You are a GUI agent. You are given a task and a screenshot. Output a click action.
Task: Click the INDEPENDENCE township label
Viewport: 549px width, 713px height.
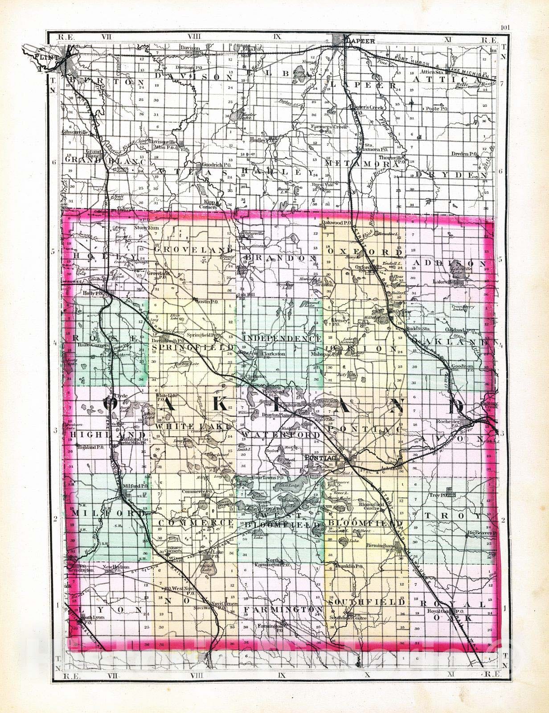pyautogui.click(x=283, y=339)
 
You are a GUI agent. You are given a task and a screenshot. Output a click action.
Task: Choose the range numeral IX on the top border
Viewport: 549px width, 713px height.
pyautogui.click(x=277, y=37)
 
